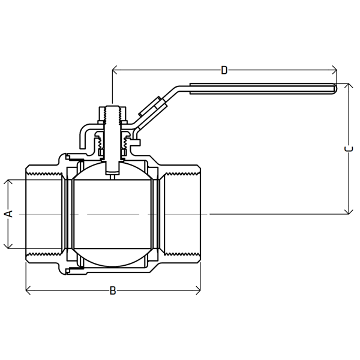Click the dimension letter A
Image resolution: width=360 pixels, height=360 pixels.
(8, 214)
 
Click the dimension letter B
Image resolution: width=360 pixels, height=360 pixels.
(112, 292)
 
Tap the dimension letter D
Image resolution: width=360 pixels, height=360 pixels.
(224, 71)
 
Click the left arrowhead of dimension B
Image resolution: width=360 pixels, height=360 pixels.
(28, 292)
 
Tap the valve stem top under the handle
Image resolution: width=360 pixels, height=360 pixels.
(112, 110)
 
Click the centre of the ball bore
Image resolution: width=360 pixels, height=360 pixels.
(112, 214)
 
